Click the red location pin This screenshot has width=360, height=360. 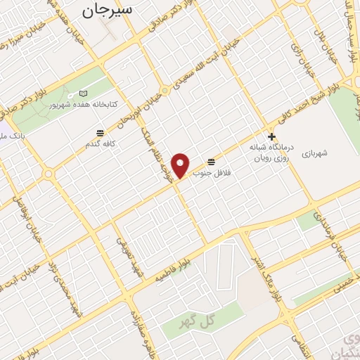pos(181,165)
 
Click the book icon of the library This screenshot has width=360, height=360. pos(83,94)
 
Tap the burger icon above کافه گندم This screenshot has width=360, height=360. pos(101,132)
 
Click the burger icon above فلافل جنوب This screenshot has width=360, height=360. pos(212,161)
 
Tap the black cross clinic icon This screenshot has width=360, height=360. pos(271,136)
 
